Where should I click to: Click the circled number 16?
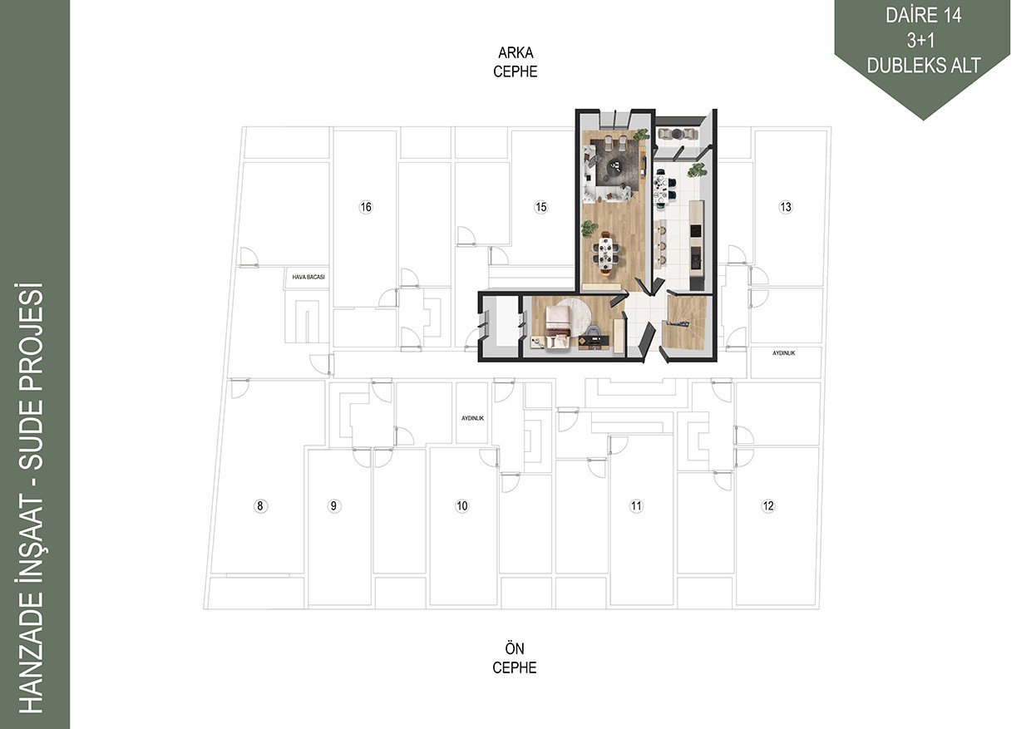point(366,207)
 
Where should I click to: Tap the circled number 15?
point(540,207)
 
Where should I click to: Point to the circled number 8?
point(260,506)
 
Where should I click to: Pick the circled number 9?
point(333,506)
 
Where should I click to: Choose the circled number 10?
point(461,506)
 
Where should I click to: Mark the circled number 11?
point(636,506)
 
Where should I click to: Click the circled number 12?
point(767,506)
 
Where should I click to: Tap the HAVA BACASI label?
point(308,278)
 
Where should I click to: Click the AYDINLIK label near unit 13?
point(783,353)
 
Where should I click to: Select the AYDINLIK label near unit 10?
point(473,418)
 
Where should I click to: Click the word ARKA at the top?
point(515,53)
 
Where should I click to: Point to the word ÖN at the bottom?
point(515,648)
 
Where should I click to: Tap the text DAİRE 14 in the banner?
point(923,15)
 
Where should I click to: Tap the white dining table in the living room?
point(607,252)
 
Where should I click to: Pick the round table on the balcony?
point(678,134)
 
